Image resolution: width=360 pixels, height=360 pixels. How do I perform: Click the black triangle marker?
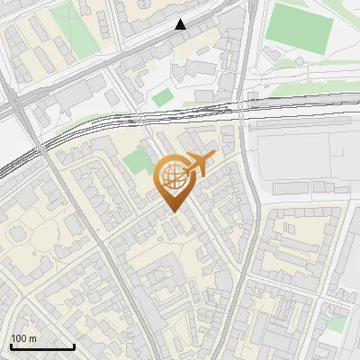coord(181,24)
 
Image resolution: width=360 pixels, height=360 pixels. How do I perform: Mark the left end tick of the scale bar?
coord(11,346)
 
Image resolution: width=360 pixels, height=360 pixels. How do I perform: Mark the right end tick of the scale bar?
coord(74,346)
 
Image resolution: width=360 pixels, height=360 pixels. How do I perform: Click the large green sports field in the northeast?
coord(300,28)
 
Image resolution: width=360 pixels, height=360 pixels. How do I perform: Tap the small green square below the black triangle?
coord(163,97)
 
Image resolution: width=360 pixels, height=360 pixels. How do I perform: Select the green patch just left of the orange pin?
coord(137,162)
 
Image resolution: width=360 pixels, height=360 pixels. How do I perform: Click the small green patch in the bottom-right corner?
coord(336,323)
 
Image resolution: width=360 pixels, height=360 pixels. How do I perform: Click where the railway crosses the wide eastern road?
coord(251,105)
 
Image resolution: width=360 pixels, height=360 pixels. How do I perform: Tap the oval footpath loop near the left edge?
coord(20,236)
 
